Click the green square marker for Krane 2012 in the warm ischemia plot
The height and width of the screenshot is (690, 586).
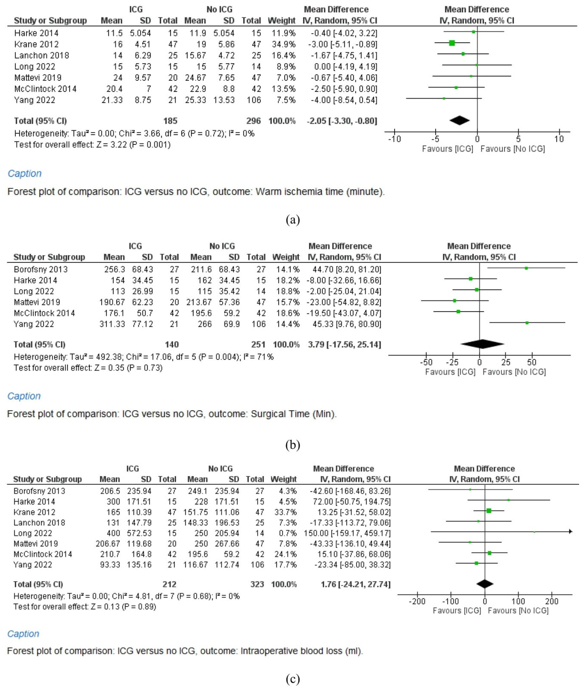[452, 43]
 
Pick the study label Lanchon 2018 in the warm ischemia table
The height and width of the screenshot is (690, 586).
[42, 55]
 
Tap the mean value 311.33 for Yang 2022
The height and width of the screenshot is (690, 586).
[112, 324]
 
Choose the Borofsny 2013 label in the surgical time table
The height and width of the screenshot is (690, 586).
[40, 269]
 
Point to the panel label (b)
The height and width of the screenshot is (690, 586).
[293, 445]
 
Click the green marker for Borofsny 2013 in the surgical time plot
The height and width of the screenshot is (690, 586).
[526, 268]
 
